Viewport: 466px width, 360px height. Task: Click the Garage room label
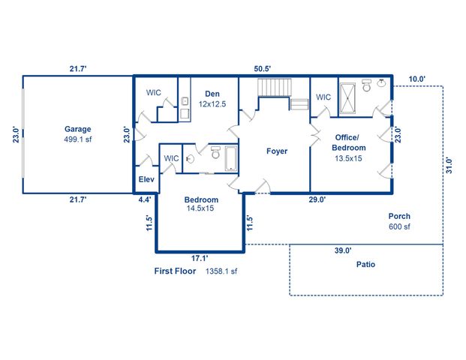coord(77,129)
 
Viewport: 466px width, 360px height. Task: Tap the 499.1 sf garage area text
coord(77,139)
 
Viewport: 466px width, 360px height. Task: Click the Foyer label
coord(277,151)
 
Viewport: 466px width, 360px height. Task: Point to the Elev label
coord(146,181)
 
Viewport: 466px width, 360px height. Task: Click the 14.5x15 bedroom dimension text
coord(201,209)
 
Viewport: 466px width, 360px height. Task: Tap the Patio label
coord(365,265)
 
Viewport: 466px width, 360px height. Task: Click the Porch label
coord(399,217)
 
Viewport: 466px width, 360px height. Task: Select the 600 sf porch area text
coord(399,227)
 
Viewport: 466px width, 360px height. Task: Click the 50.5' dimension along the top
coord(261,68)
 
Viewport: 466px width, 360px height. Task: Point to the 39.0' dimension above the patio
coord(343,251)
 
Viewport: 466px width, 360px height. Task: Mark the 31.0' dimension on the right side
coord(449,165)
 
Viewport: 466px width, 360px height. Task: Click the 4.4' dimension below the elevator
coord(145,199)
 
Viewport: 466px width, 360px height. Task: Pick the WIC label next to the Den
coord(153,93)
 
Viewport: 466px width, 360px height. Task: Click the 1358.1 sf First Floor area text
coord(221,271)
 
